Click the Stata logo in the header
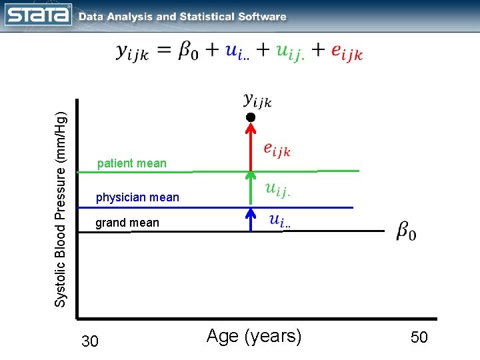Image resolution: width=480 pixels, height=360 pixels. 38,15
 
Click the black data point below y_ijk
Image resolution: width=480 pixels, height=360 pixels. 250,117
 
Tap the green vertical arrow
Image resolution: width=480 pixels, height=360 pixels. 250,189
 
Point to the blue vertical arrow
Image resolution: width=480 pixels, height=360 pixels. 250,219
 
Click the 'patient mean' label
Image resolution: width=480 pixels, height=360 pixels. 132,163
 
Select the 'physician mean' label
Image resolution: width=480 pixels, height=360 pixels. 137,197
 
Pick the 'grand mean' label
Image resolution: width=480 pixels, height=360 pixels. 127,223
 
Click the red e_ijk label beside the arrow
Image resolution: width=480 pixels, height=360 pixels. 277,150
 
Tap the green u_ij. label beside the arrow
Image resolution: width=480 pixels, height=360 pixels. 277,190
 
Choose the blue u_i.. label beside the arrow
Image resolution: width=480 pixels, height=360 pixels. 280,220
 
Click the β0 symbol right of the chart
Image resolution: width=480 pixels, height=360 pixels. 407,231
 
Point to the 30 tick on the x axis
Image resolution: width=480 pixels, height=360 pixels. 89,342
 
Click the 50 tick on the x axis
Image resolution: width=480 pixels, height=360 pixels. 419,338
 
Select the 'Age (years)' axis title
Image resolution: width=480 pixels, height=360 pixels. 254,337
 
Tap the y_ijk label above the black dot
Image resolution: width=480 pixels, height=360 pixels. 257,101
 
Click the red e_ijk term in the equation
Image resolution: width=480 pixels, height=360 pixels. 347,52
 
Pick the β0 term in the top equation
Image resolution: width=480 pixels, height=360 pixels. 191,51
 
